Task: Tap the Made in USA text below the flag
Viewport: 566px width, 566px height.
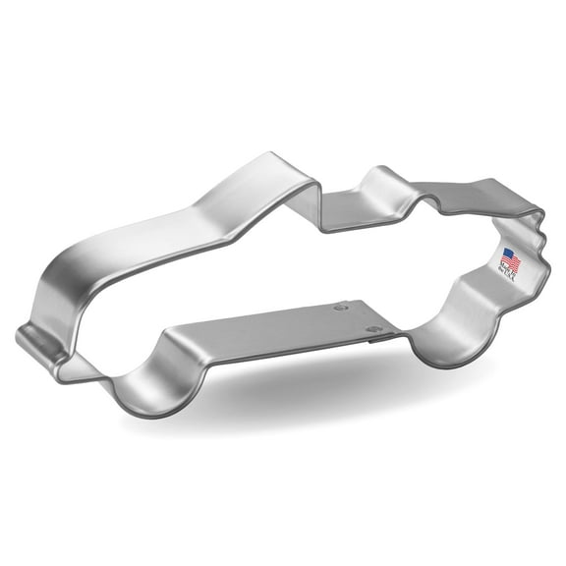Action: (512, 273)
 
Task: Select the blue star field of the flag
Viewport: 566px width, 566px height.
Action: (507, 256)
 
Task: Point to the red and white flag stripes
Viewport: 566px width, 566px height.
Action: (515, 261)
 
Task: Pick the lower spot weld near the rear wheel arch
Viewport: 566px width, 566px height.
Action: (371, 327)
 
